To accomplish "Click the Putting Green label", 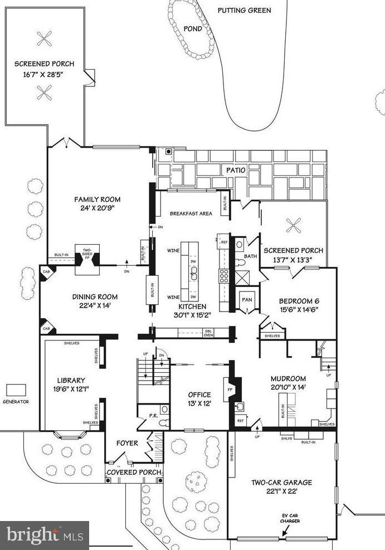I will [x=244, y=10].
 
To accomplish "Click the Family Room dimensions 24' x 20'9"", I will [x=98, y=210].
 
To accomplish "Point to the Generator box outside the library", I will [x=15, y=390].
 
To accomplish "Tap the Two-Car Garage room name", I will [x=281, y=483].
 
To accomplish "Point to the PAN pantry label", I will [x=247, y=299].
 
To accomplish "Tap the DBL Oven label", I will [x=192, y=333].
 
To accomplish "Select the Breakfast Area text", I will [x=191, y=213].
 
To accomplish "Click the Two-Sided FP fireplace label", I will [x=87, y=254].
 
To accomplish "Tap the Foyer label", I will [x=126, y=444].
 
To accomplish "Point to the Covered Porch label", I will [x=134, y=473].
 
